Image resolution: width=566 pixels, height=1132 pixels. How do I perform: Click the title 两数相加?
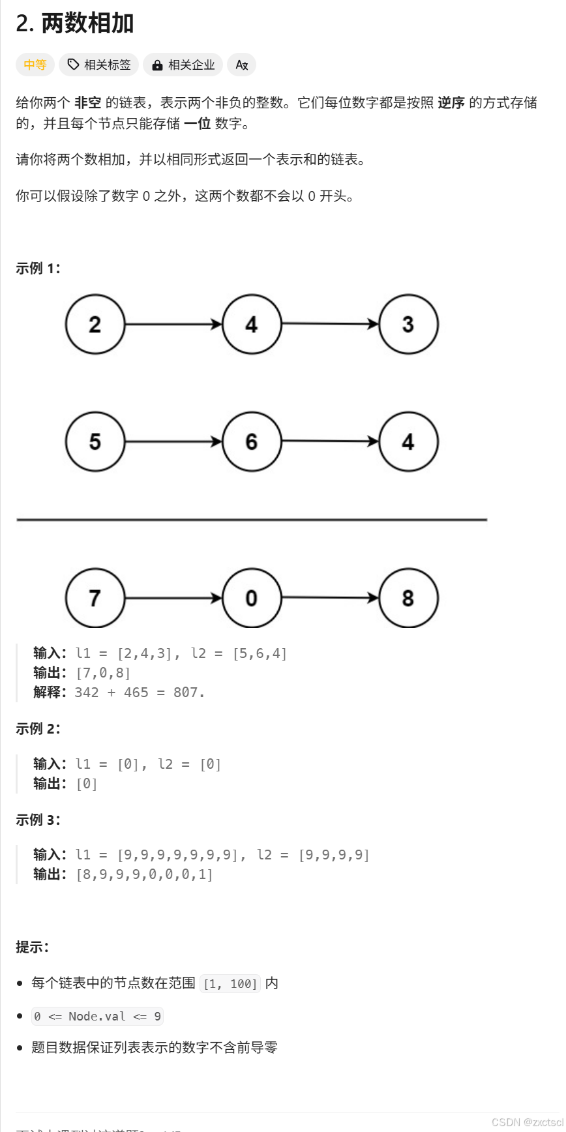pos(87,23)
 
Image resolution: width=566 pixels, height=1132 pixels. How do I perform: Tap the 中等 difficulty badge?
pos(35,65)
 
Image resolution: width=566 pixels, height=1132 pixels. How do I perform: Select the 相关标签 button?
pos(99,65)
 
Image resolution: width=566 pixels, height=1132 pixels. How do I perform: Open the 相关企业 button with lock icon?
pos(183,65)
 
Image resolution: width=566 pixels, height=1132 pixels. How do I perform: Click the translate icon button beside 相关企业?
pos(241,65)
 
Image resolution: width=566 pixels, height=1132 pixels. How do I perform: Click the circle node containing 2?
pos(95,324)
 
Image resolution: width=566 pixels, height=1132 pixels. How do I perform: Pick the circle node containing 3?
pos(408,324)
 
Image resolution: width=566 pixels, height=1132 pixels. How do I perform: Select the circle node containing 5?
pos(95,441)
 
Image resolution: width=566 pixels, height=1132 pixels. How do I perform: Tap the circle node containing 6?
pos(252,441)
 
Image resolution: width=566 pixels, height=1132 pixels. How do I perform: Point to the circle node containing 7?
pos(95,598)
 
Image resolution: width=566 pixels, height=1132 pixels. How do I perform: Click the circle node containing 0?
pos(252,598)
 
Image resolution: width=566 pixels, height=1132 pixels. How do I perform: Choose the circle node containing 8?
pos(408,598)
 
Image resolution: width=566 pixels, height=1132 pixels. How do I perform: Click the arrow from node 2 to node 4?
pos(173,324)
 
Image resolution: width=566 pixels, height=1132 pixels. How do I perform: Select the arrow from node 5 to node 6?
pos(173,441)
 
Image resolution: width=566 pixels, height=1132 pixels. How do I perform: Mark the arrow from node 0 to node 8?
pos(330,597)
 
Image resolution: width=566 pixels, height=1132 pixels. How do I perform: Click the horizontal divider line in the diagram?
pos(252,520)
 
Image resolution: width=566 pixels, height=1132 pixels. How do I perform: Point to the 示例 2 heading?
pos(38,728)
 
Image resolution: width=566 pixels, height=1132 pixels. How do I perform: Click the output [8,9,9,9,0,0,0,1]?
pos(145,874)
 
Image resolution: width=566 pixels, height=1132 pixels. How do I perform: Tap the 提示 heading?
pos(32,947)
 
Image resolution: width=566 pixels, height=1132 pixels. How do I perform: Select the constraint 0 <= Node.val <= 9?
pos(97,1016)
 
